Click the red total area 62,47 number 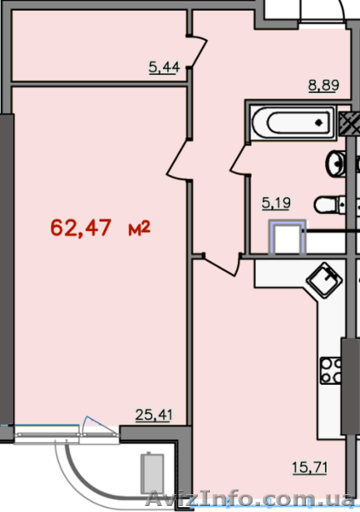(81, 228)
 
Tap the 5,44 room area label (164, 67)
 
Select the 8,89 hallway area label (323, 84)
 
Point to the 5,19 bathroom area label (276, 203)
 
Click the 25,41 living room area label (154, 415)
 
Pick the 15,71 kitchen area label (310, 468)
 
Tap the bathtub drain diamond (319, 123)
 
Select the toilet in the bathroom (330, 205)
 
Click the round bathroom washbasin (335, 164)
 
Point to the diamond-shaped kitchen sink (324, 280)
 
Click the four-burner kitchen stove (331, 370)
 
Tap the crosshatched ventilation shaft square (350, 124)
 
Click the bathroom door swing (240, 160)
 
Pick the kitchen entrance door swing (222, 265)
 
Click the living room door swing (179, 160)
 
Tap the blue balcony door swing (100, 425)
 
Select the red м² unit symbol (139, 228)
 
